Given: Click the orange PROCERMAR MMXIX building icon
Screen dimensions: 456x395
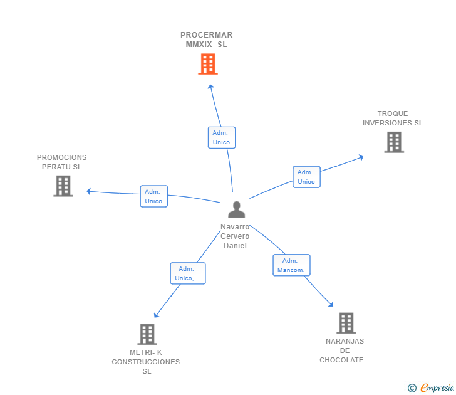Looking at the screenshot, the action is tap(208, 64).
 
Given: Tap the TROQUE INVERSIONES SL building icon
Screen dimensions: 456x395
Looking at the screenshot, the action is tap(394, 142).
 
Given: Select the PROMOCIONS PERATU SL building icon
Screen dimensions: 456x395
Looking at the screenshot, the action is tap(63, 186).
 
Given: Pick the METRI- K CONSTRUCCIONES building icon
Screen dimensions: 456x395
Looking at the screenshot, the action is tap(147, 334).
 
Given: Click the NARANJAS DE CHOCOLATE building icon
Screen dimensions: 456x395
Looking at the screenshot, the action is tap(346, 323).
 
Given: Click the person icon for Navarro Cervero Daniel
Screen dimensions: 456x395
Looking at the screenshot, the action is tap(236, 209).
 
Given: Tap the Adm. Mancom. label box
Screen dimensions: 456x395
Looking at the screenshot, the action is tap(291, 265).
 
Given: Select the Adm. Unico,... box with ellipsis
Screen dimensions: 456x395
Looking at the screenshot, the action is tap(188, 273).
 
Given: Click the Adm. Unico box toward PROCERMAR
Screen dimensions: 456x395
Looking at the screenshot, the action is tap(222, 137).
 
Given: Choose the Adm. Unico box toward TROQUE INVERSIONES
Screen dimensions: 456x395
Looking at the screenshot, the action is tap(306, 177).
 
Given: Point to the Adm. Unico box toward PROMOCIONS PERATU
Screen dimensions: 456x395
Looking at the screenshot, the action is tap(154, 196).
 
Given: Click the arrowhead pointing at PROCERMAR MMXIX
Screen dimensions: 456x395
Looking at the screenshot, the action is tap(211, 87).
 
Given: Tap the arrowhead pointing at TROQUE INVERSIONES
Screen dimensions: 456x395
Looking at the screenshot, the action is tap(361, 157).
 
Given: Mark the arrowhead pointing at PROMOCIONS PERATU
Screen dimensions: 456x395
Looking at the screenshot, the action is tap(89, 191).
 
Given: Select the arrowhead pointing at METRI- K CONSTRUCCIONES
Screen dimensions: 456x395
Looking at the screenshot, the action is tap(156, 315).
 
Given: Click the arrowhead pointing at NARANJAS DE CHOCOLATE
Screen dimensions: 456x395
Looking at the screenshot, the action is tap(331, 304).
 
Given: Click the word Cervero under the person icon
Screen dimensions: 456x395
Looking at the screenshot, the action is tap(235, 236).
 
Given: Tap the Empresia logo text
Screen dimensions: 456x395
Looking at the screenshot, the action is tap(437, 388).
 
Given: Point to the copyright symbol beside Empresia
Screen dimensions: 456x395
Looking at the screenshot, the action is tap(412, 388).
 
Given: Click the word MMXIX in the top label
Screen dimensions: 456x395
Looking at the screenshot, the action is tap(199, 45).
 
